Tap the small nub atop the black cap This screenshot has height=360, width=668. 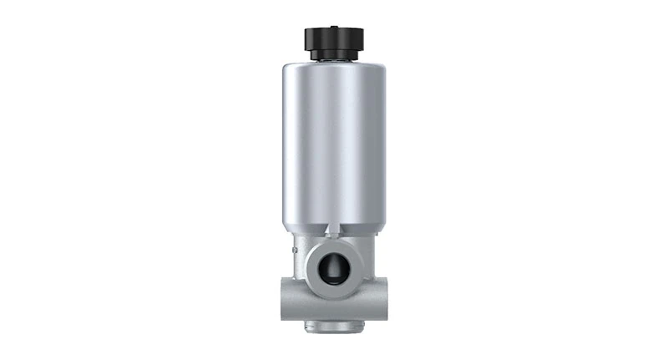[x=333, y=28]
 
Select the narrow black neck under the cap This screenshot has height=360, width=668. [x=333, y=55]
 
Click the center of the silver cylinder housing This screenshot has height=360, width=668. [x=333, y=146]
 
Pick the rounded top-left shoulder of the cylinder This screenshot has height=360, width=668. [x=288, y=68]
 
